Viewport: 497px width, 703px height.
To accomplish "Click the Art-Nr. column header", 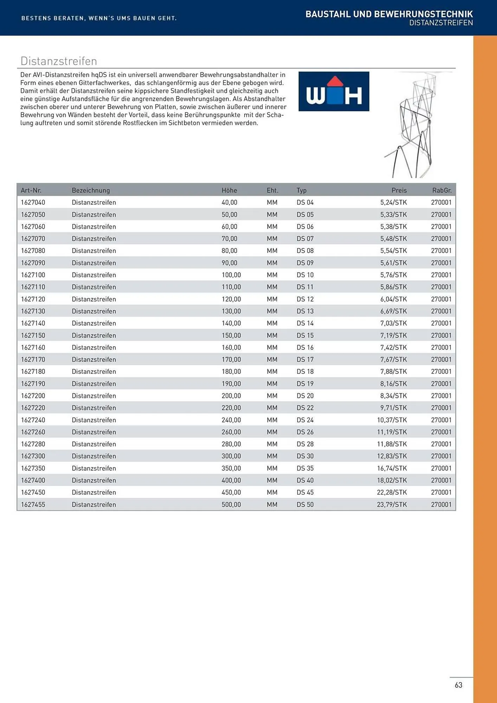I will (31, 190).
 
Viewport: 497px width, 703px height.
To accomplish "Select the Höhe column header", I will (229, 190).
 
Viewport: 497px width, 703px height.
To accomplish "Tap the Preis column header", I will (399, 190).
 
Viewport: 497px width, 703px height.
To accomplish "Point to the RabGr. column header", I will (441, 190).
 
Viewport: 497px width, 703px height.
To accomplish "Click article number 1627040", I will (33, 202).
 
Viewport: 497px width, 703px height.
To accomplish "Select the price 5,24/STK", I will (393, 202).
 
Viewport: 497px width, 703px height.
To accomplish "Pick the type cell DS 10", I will (305, 275).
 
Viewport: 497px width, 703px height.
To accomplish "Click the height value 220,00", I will (231, 408).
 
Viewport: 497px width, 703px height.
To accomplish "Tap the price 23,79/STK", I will (392, 504).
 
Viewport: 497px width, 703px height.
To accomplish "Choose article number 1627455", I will (33, 504).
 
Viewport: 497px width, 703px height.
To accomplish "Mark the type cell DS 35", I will (305, 468).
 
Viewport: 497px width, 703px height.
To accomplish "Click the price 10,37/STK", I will (392, 420).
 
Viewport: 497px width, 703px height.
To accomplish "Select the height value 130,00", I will (231, 311).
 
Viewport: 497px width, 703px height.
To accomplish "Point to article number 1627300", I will (33, 456).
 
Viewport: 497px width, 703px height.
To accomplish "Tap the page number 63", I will (458, 685).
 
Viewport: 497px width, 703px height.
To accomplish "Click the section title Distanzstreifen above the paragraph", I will (59, 61).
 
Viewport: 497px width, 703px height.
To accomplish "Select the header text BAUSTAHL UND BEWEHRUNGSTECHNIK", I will (389, 14).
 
